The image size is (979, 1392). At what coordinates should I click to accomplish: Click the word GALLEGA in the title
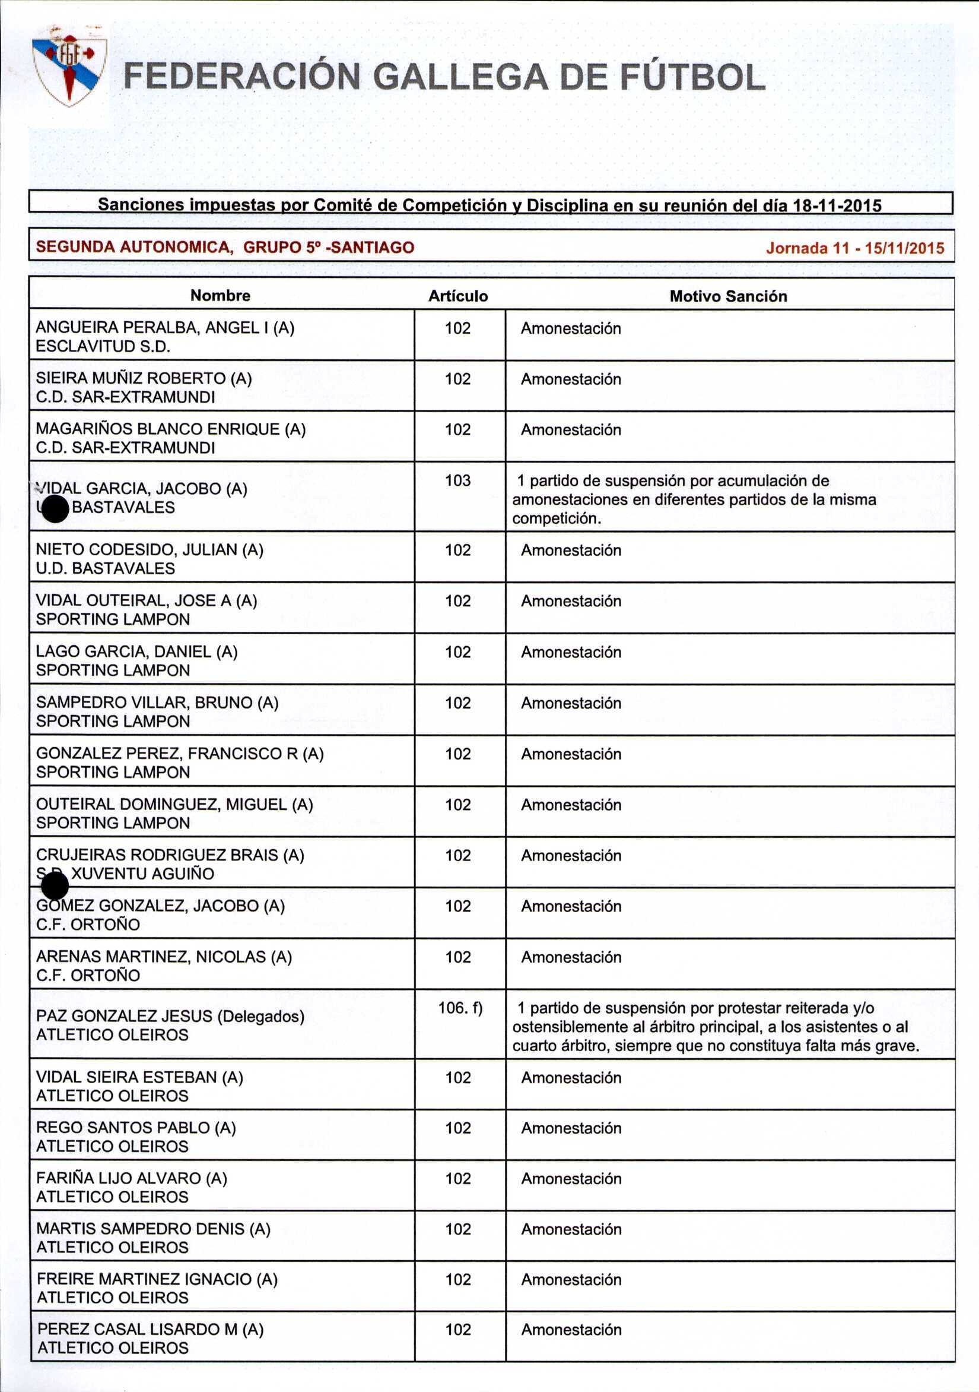460,78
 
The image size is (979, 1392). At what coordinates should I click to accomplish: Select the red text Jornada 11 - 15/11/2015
855,248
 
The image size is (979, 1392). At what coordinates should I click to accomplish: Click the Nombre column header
220,295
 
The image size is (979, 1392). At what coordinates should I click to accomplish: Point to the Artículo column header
458,296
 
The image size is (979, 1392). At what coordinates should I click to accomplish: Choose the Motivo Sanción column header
728,296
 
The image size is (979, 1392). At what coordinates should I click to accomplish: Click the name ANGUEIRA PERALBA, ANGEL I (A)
165,328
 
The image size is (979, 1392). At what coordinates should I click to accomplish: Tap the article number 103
457,481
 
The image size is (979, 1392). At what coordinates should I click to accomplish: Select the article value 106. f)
460,1008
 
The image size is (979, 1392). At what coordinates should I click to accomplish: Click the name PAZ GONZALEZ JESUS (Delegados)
170,1016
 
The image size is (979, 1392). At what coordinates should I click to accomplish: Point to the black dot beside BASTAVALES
56,509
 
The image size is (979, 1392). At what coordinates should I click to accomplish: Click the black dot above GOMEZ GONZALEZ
55,888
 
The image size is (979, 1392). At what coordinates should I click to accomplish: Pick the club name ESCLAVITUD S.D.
103,347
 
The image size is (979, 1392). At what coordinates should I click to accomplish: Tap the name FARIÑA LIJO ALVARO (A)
132,1178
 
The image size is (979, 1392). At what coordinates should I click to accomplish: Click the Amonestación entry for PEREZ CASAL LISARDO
571,1330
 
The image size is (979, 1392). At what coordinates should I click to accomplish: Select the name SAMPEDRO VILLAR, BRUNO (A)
157,703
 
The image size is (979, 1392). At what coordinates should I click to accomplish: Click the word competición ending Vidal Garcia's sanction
556,519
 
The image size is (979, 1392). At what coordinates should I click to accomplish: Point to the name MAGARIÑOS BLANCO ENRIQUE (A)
171,429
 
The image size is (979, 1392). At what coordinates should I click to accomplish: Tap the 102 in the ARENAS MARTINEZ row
457,957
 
